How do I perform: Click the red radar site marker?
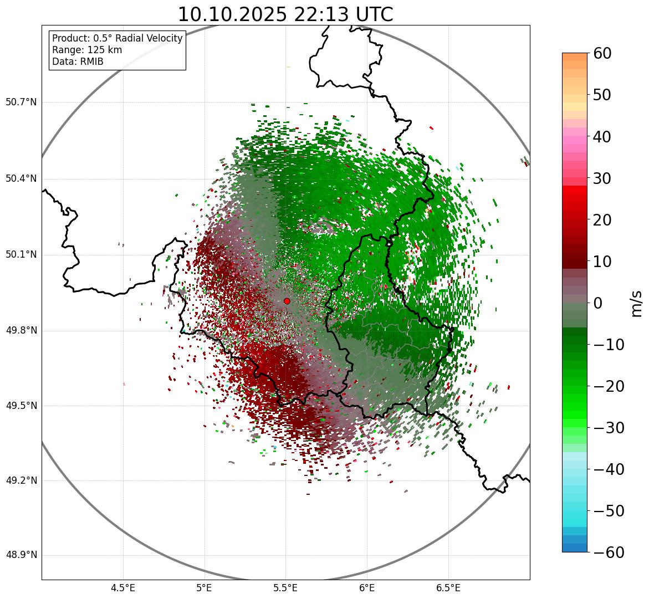pos(287,301)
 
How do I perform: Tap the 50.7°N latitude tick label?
pos(21,103)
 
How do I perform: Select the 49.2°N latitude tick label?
pos(21,480)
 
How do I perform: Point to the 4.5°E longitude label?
pos(123,587)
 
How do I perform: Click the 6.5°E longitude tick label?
pos(448,587)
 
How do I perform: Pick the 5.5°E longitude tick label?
pos(285,587)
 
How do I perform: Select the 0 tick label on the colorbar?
pos(598,303)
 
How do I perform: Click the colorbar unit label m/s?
pos(636,303)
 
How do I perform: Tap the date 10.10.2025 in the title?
pos(232,15)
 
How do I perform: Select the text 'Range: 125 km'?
pos(87,50)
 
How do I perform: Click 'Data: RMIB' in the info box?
pos(78,62)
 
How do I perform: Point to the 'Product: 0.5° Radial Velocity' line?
pos(117,38)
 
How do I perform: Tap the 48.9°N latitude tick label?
pos(21,555)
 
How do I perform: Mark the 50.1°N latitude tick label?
pos(21,255)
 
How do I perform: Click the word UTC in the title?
pos(375,15)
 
